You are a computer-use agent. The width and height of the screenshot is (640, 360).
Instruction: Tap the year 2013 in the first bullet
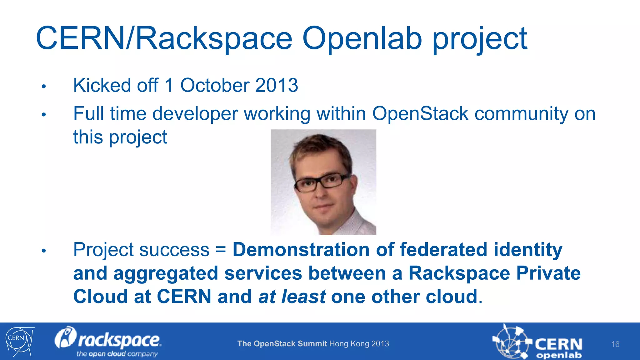[276, 85]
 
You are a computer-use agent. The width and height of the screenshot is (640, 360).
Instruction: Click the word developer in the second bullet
[195, 114]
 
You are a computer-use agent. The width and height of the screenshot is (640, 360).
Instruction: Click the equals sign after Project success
[221, 250]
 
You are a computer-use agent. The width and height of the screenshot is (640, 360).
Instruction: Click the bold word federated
[443, 250]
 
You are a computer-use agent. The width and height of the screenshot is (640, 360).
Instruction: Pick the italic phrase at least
[292, 297]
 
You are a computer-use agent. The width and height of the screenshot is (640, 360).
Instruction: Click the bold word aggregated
[166, 273]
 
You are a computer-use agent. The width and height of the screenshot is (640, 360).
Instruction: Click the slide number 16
[615, 344]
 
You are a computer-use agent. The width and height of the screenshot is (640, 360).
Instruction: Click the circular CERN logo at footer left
[19, 341]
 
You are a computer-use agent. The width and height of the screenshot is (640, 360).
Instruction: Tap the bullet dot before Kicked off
[44, 87]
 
